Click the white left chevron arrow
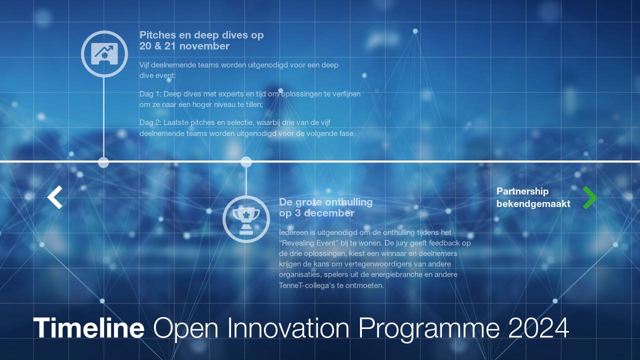coord(55,197)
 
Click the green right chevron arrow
coord(590,197)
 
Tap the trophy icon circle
coord(246,219)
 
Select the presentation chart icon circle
coord(104,54)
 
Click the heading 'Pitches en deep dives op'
coord(201,35)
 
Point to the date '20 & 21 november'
coord(184,46)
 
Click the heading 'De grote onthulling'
coord(325,202)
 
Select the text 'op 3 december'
coord(316,213)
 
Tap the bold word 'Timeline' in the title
coord(89,328)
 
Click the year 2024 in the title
coord(538,328)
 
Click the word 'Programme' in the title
coord(429,328)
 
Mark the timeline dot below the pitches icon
coord(103,162)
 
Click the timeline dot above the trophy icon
coord(246,162)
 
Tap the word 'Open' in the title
coord(186,328)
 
